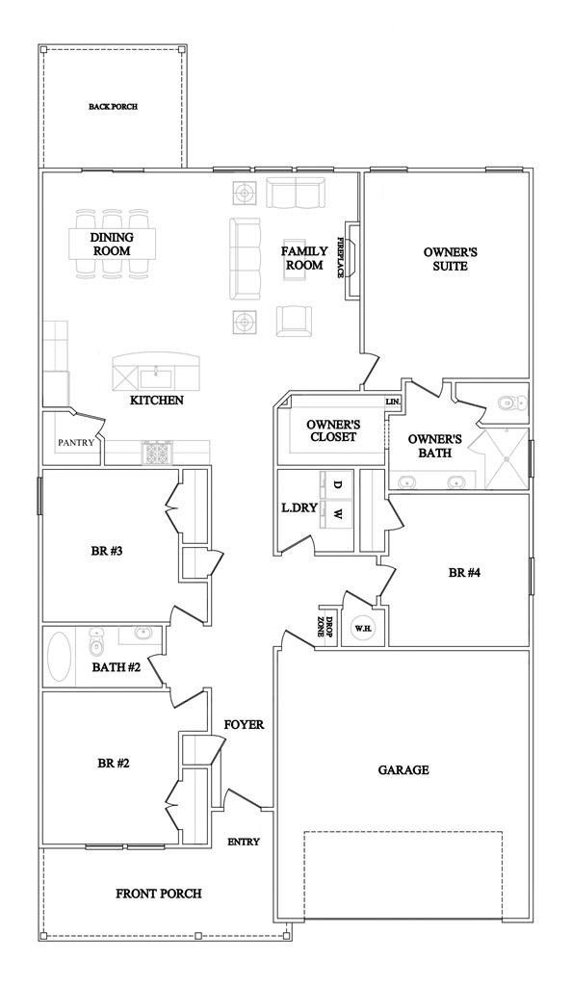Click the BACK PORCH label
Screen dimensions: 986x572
[113, 107]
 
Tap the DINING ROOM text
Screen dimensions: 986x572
[112, 245]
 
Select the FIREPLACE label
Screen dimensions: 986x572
[340, 257]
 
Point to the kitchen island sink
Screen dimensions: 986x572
[158, 374]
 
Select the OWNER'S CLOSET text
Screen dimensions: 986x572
[332, 429]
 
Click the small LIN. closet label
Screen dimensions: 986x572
[393, 401]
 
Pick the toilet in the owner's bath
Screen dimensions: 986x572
[508, 403]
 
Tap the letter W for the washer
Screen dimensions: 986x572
[337, 515]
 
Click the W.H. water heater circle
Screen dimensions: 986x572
[363, 629]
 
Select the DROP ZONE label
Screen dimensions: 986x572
[326, 627]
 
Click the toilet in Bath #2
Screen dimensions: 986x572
[96, 639]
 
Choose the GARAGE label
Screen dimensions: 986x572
[403, 769]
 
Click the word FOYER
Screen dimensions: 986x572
[244, 724]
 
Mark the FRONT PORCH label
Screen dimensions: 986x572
[159, 894]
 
